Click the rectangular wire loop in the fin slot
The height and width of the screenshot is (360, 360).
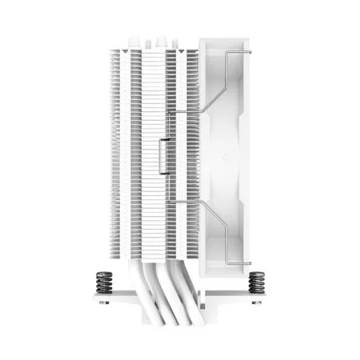click(166, 152)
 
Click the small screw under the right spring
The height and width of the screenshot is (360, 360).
click(257, 302)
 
